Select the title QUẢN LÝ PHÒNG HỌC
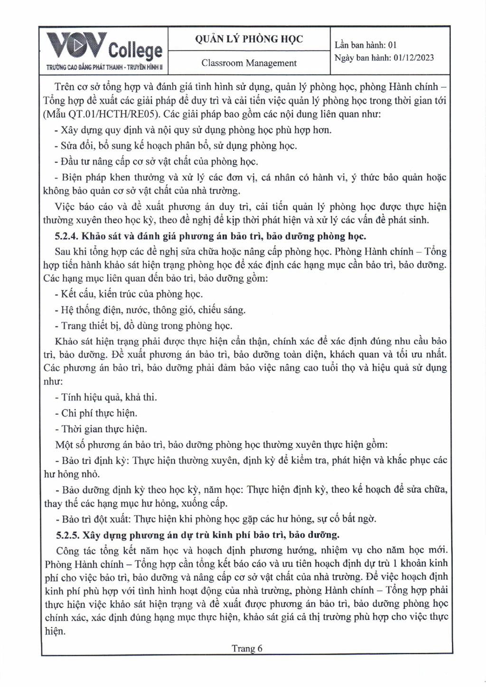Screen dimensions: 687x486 pos(249,39)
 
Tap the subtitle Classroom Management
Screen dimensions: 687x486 pos(249,63)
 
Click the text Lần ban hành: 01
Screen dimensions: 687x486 pos(365,45)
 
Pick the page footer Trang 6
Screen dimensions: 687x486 pos(247,648)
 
